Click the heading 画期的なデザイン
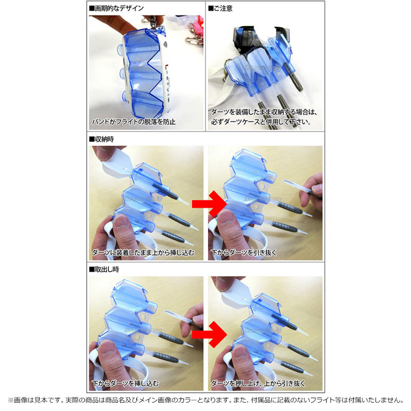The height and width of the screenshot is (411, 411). pyautogui.click(x=117, y=8)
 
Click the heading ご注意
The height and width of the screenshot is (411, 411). pyautogui.click(x=220, y=8)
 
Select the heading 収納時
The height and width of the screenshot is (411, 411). pyautogui.click(x=101, y=139)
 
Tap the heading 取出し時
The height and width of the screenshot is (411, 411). pyautogui.click(x=104, y=269)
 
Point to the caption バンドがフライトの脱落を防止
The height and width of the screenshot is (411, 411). pyautogui.click(x=134, y=122)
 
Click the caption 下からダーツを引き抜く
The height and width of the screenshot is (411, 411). pyautogui.click(x=244, y=252)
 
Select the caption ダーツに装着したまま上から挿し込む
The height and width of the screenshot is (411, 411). pyautogui.click(x=143, y=252)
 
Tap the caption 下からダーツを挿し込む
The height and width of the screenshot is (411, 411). pyautogui.click(x=125, y=383)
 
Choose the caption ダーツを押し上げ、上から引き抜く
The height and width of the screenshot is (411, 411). pyautogui.click(x=258, y=383)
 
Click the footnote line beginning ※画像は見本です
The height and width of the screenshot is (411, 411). pyautogui.click(x=206, y=400)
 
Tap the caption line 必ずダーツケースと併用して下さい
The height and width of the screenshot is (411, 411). pyautogui.click(x=261, y=122)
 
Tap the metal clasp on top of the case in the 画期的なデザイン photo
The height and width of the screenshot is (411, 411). pyautogui.click(x=155, y=22)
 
